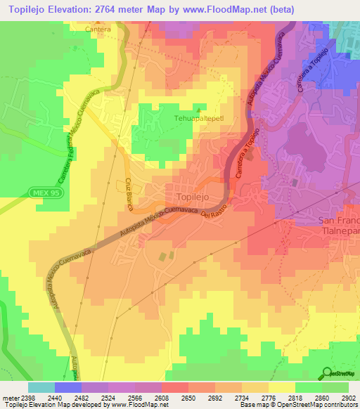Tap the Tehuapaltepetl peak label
[x=198, y=119]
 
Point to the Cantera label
[x=98, y=30]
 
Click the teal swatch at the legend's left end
[x=41, y=387]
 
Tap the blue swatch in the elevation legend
[x=67, y=387]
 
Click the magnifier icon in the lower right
[x=327, y=373]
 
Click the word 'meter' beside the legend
[x=9, y=398]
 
